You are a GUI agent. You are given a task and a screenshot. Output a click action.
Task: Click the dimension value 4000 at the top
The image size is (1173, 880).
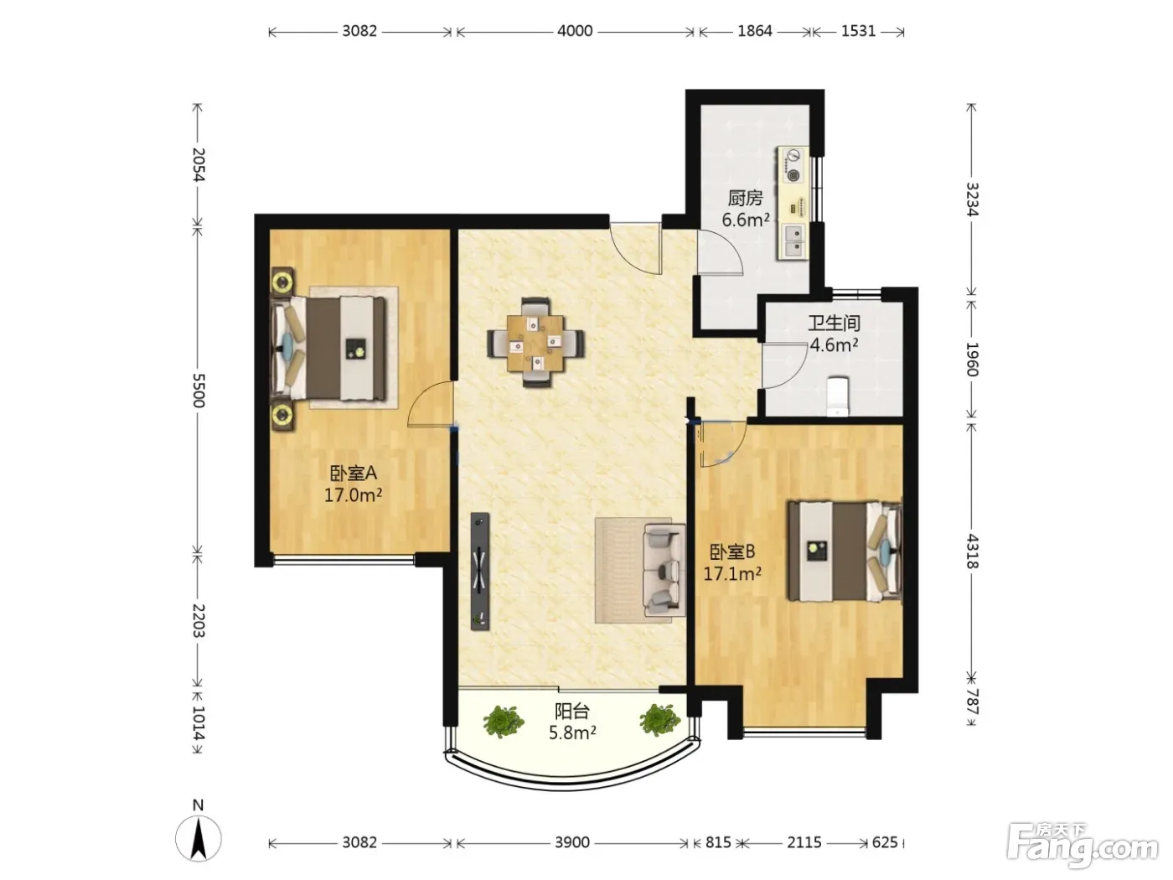pyautogui.click(x=575, y=31)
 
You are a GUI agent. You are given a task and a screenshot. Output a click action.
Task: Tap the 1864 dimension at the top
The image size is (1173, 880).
pyautogui.click(x=755, y=31)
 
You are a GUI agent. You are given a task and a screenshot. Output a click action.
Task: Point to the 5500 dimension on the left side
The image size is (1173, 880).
pyautogui.click(x=199, y=391)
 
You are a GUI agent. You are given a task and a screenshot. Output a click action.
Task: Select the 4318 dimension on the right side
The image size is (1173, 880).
pyautogui.click(x=972, y=551)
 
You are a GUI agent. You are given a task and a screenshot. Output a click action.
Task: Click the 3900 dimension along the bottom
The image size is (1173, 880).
pyautogui.click(x=571, y=842)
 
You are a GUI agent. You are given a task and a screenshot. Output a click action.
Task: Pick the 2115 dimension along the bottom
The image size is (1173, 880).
pyautogui.click(x=804, y=842)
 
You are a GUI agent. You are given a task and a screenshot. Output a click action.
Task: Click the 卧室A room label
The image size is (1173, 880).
pyautogui.click(x=354, y=473)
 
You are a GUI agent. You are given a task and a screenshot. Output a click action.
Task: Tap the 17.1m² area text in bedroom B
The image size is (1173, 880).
pyautogui.click(x=732, y=574)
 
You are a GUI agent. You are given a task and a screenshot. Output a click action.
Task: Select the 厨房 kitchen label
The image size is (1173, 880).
pyautogui.click(x=745, y=199)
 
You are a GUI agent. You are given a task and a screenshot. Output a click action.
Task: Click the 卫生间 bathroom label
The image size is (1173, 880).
pyautogui.click(x=834, y=323)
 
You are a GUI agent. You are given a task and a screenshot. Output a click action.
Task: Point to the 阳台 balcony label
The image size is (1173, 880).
pyautogui.click(x=571, y=712)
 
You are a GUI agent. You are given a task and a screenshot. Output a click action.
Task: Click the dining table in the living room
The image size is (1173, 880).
pyautogui.click(x=535, y=343)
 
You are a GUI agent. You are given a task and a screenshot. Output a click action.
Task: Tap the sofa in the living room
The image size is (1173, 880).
pyautogui.click(x=664, y=570)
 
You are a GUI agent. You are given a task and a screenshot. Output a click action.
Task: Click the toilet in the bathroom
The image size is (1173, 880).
pyautogui.click(x=837, y=396)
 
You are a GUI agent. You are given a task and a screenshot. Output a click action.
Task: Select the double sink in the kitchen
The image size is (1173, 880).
pyautogui.click(x=793, y=241)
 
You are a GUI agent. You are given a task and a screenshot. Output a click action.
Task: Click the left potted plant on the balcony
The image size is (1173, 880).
pyautogui.click(x=503, y=721)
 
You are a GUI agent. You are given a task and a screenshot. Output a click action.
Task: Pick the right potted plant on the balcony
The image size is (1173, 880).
pyautogui.click(x=660, y=719)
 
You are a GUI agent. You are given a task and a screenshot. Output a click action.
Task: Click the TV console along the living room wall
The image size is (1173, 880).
pyautogui.click(x=480, y=572)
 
